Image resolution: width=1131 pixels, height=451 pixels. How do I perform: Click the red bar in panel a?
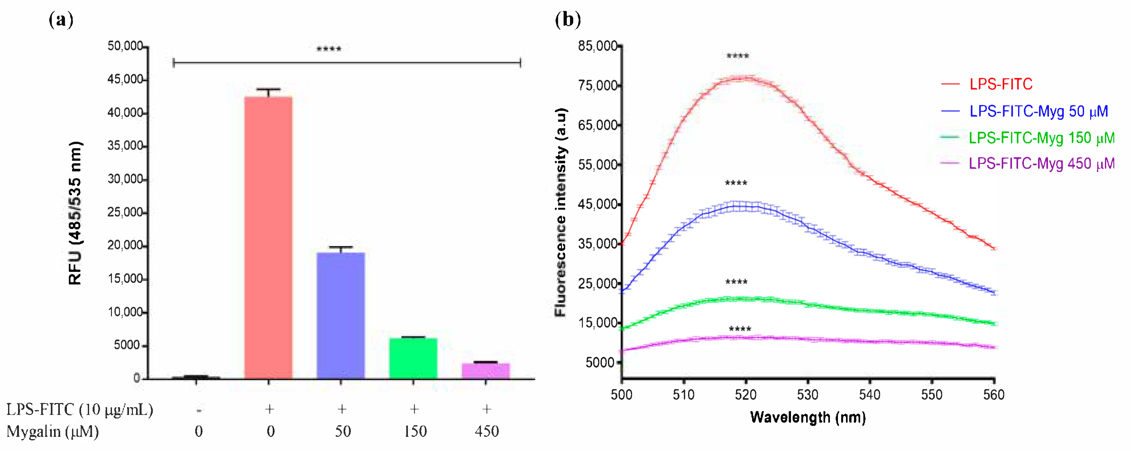268,237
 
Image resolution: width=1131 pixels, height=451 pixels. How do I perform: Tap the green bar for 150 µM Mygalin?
413,358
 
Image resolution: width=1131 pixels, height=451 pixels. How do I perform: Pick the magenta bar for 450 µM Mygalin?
486,370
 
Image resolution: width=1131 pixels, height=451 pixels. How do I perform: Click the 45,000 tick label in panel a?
125,80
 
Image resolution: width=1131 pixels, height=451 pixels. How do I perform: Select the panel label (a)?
61,19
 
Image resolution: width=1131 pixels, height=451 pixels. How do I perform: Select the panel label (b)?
568,19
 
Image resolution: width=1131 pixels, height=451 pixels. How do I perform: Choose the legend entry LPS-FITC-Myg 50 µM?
1038,111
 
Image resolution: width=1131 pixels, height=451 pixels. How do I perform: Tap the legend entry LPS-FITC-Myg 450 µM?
1041,164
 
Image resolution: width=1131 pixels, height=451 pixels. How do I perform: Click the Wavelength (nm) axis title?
808,417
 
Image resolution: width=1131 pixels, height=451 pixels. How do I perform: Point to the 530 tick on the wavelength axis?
807,395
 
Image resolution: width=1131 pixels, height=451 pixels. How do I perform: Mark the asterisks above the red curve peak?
738,56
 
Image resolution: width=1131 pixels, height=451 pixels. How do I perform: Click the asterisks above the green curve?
736,282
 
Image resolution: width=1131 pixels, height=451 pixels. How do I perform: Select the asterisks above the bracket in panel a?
329,49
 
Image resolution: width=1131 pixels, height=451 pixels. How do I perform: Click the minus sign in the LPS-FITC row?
199,410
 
